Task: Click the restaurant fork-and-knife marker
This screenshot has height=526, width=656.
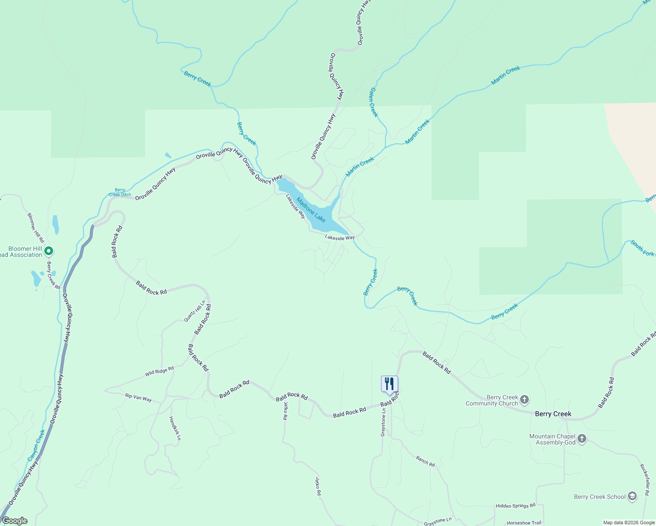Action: (389, 384)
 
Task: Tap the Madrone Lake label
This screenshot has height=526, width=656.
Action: (311, 210)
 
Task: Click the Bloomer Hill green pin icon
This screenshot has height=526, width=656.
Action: (49, 252)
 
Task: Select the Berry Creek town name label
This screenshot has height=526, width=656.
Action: (553, 414)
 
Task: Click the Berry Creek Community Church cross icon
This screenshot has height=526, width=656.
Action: (524, 400)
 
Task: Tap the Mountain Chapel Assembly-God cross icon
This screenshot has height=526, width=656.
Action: (581, 439)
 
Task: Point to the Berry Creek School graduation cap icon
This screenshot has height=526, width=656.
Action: (632, 496)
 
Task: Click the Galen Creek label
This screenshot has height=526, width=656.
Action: (373, 102)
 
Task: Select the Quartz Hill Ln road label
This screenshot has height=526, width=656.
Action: (195, 311)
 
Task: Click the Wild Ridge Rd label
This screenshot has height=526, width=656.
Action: (160, 371)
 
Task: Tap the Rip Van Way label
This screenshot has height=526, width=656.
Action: (138, 398)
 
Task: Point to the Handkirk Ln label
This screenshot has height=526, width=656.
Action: (175, 428)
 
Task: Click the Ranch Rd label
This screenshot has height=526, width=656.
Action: (425, 461)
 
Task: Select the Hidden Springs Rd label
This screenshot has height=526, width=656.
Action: (515, 505)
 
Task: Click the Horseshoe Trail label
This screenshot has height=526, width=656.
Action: (524, 522)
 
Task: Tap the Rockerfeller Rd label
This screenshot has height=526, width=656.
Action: (644, 480)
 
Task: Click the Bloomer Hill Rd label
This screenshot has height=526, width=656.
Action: (36, 228)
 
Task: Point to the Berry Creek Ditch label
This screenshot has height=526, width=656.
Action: (120, 192)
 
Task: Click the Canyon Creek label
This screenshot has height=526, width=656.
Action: (36, 445)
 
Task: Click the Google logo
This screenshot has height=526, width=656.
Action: (14, 521)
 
